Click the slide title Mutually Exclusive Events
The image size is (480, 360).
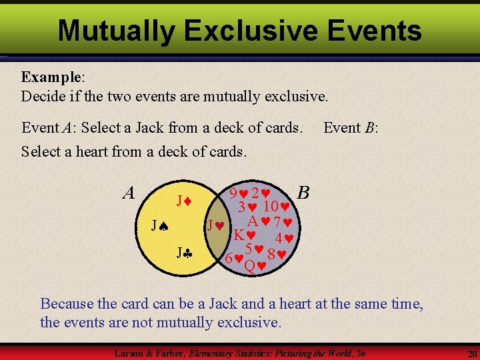pyautogui.click(x=239, y=31)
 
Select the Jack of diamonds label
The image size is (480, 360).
pyautogui.click(x=183, y=200)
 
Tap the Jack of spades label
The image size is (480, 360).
pyautogui.click(x=158, y=227)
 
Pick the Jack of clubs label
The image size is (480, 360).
pyautogui.click(x=183, y=253)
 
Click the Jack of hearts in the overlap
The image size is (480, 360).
pyautogui.click(x=215, y=226)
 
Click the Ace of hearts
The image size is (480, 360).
pyautogui.click(x=259, y=221)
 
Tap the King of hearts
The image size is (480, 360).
pyautogui.click(x=244, y=235)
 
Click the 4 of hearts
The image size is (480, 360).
pyautogui.click(x=285, y=238)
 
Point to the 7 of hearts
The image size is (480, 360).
pyautogui.click(x=284, y=221)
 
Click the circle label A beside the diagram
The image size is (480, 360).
pyautogui.click(x=129, y=193)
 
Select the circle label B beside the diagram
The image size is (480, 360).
pyautogui.click(x=303, y=193)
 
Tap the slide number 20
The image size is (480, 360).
pyautogui.click(x=471, y=353)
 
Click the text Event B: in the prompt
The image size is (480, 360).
pyautogui.click(x=351, y=127)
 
